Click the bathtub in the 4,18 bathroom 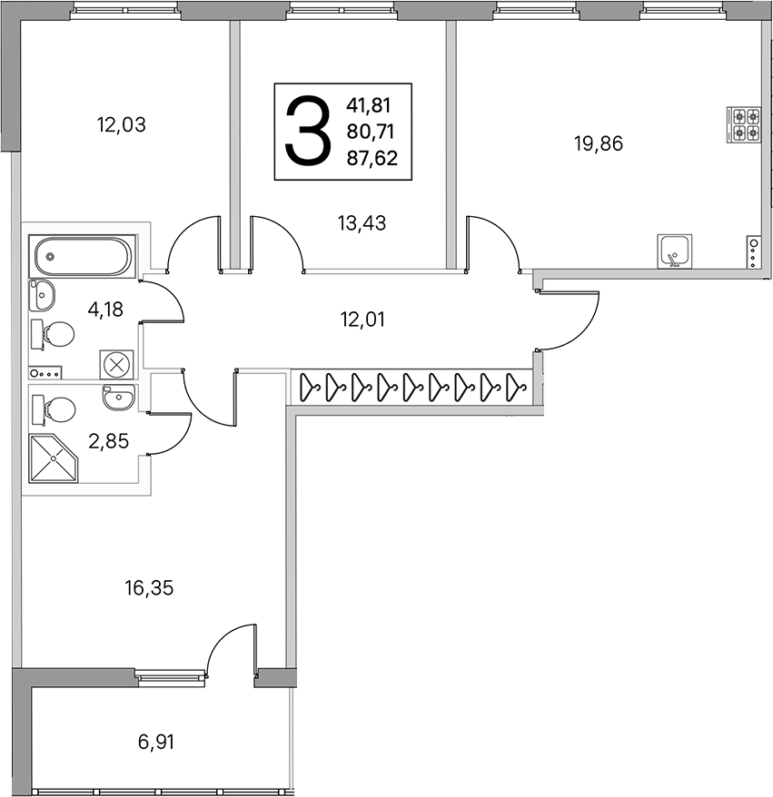(x=83, y=256)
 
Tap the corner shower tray (x=54, y=458)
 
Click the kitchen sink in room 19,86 (x=674, y=251)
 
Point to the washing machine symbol (x=117, y=364)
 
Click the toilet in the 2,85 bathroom (x=54, y=409)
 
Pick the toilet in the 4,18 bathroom (x=53, y=334)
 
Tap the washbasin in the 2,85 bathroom (x=118, y=397)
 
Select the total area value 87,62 (x=372, y=159)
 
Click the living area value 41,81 (x=368, y=105)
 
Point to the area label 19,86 (x=599, y=144)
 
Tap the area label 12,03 (x=122, y=124)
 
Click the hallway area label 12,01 (x=362, y=320)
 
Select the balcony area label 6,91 (x=156, y=743)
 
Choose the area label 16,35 (x=149, y=588)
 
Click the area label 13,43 (x=362, y=223)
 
